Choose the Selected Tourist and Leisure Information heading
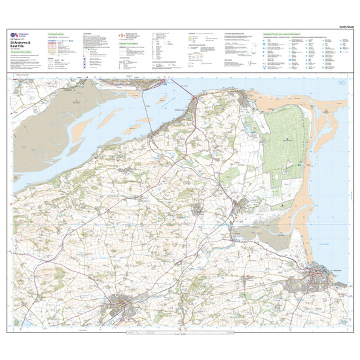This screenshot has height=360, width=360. [291, 33]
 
